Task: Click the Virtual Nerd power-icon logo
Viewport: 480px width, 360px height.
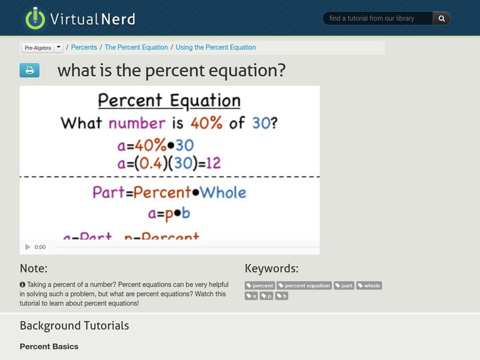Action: pyautogui.click(x=35, y=18)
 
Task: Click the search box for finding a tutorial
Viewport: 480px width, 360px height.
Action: pyautogui.click(x=378, y=19)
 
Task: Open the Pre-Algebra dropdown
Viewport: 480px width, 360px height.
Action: pyautogui.click(x=42, y=47)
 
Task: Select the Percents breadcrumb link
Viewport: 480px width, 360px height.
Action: pyautogui.click(x=84, y=47)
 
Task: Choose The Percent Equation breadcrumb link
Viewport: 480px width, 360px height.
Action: pyautogui.click(x=136, y=47)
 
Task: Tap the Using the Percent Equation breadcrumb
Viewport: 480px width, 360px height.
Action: pyautogui.click(x=215, y=47)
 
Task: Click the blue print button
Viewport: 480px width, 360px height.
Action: pyautogui.click(x=29, y=71)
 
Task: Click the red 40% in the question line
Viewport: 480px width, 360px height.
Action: pyautogui.click(x=208, y=123)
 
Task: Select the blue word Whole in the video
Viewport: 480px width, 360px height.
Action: pyautogui.click(x=223, y=193)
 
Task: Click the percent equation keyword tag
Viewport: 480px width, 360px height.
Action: pyautogui.click(x=304, y=286)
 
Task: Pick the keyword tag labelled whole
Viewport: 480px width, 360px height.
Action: pyautogui.click(x=369, y=286)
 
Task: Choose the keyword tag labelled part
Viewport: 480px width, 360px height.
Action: pyautogui.click(x=344, y=286)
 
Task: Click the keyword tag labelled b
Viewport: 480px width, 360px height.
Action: pyautogui.click(x=282, y=296)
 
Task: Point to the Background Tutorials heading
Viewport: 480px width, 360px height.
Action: pyautogui.click(x=74, y=326)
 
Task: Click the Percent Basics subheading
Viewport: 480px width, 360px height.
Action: pyautogui.click(x=49, y=347)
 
